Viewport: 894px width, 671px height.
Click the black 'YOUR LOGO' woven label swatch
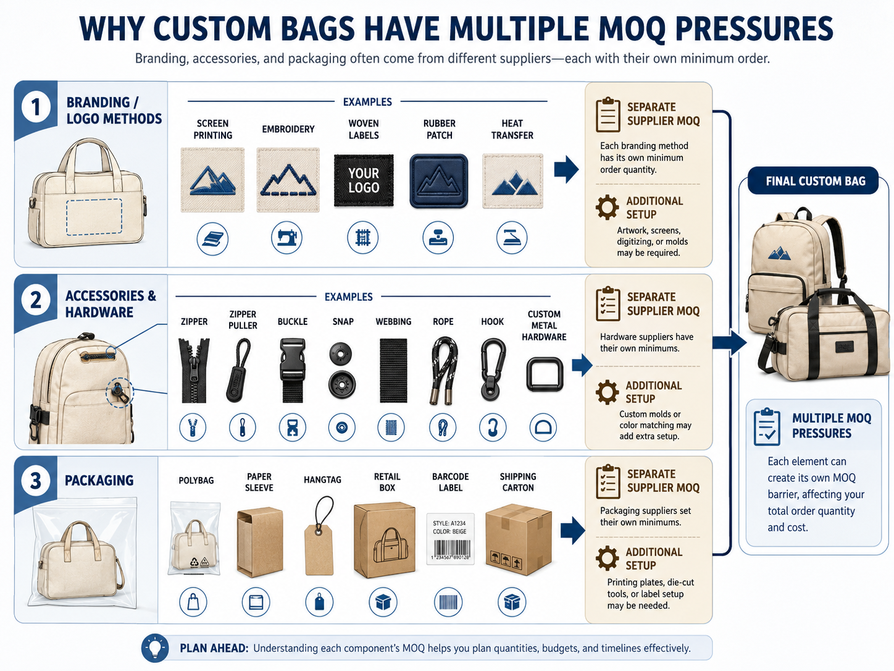click(364, 180)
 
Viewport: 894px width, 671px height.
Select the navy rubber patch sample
click(438, 180)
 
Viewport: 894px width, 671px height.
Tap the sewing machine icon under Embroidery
click(286, 237)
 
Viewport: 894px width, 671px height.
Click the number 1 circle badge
click(36, 107)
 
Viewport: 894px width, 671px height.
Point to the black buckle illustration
click(293, 369)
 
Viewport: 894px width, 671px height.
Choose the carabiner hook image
click(492, 369)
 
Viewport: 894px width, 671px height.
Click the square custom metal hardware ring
click(545, 374)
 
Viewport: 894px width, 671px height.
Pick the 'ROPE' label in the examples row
click(443, 321)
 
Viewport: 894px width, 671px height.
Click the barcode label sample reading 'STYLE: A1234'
click(451, 539)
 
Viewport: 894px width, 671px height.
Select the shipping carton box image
click(519, 539)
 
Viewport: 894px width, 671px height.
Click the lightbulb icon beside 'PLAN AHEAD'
click(155, 648)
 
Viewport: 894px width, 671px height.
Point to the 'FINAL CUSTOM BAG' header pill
click(813, 180)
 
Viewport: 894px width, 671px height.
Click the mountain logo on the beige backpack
click(780, 253)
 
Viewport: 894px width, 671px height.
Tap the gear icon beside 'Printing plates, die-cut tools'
click(608, 558)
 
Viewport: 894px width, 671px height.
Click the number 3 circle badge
click(36, 480)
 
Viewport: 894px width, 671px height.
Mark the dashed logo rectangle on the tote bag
click(94, 217)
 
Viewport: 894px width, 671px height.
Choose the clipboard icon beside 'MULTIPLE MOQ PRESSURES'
click(767, 426)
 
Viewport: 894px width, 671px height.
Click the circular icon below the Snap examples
click(341, 428)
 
